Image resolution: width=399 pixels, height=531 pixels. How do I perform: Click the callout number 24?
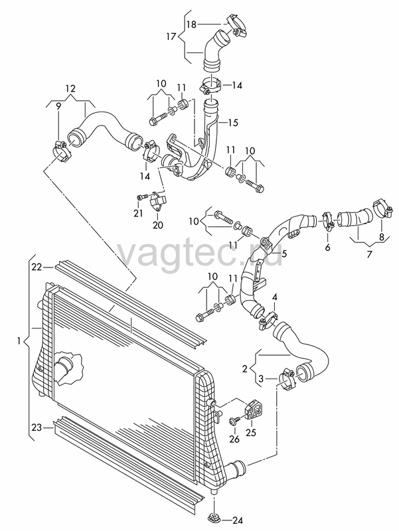tap(237, 520)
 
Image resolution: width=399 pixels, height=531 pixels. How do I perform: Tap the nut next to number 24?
tap(213, 518)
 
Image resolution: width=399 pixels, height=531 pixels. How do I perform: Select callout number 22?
tap(37, 267)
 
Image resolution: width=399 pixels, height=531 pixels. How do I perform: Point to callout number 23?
tap(37, 427)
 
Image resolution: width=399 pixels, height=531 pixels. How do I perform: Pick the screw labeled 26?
tap(234, 421)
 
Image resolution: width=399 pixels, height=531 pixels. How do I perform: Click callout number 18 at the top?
tap(191, 25)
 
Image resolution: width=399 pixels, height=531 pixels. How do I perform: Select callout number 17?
tap(171, 36)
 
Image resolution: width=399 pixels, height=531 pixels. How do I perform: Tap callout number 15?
tap(234, 123)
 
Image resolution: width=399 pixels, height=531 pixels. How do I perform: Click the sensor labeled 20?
tap(158, 201)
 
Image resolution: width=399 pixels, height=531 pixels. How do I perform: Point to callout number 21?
tap(138, 213)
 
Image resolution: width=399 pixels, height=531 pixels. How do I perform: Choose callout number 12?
tap(70, 89)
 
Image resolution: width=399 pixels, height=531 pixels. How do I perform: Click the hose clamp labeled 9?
tap(62, 152)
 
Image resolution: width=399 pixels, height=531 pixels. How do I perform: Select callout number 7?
tap(369, 254)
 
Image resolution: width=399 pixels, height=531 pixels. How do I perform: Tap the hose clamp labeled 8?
tap(382, 209)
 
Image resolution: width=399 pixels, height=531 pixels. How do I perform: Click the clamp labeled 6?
tap(328, 221)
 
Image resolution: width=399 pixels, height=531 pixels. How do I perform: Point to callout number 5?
tap(285, 253)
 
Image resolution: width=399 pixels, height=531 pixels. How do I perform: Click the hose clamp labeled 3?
tap(287, 380)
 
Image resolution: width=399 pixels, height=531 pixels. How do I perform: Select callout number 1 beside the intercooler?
tap(19, 341)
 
